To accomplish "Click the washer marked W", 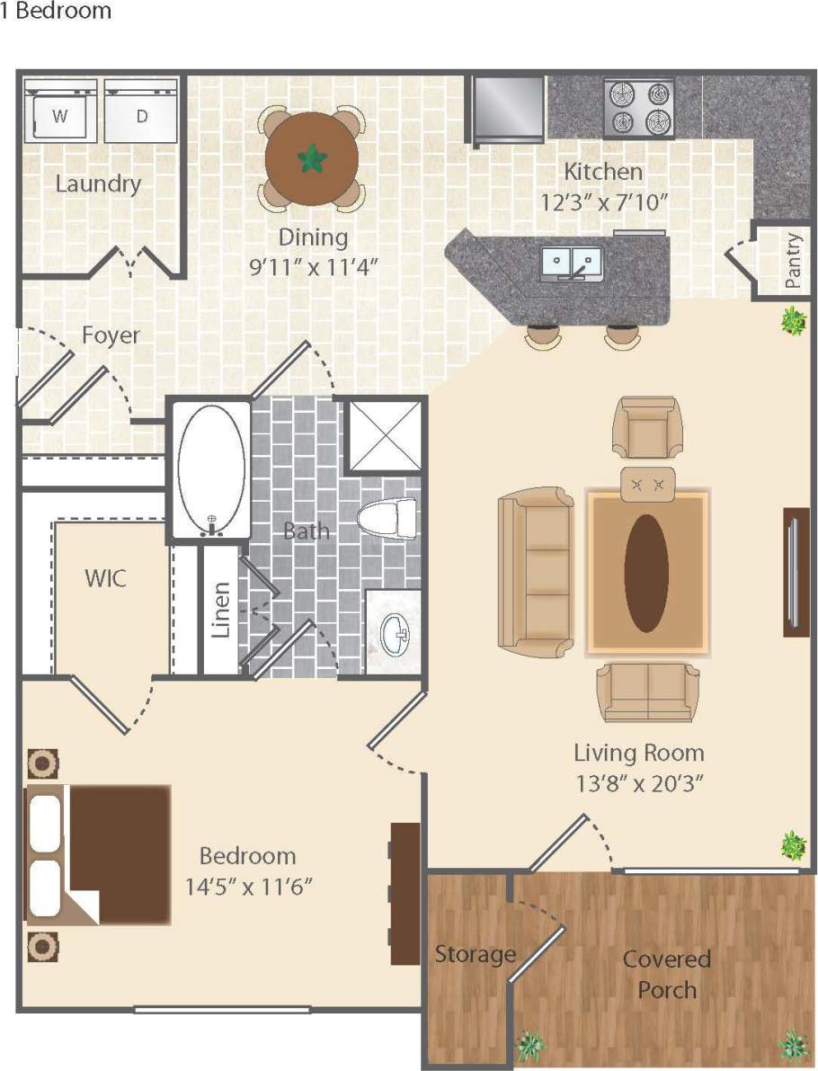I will click(x=60, y=112).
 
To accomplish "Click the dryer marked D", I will click(x=142, y=112).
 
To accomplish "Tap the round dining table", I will click(x=312, y=159).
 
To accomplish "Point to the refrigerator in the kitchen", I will click(x=509, y=108).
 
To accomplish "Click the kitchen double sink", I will click(x=572, y=262).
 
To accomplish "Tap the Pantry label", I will click(x=792, y=261).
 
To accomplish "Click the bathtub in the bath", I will click(x=212, y=469).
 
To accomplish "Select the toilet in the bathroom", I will click(x=388, y=519).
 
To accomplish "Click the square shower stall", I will click(x=384, y=434).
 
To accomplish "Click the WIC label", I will click(x=105, y=577).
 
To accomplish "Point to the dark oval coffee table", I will click(x=646, y=573).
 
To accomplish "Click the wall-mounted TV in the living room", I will click(x=796, y=572).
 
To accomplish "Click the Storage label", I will click(x=475, y=953).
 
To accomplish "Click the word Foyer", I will click(x=111, y=335).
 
